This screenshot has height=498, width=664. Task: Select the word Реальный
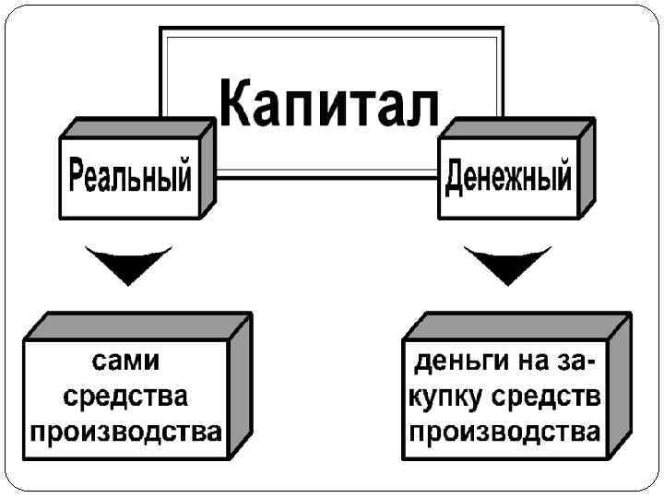tap(131, 175)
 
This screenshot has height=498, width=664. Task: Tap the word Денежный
tap(508, 175)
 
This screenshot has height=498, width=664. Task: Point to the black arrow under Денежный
tap(507, 264)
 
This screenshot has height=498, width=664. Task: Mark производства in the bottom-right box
tap(504, 432)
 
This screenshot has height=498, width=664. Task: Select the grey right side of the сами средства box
tap(240, 387)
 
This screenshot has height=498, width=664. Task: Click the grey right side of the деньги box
tap(619, 387)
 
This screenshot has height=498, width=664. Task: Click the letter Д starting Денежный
tap(454, 175)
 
